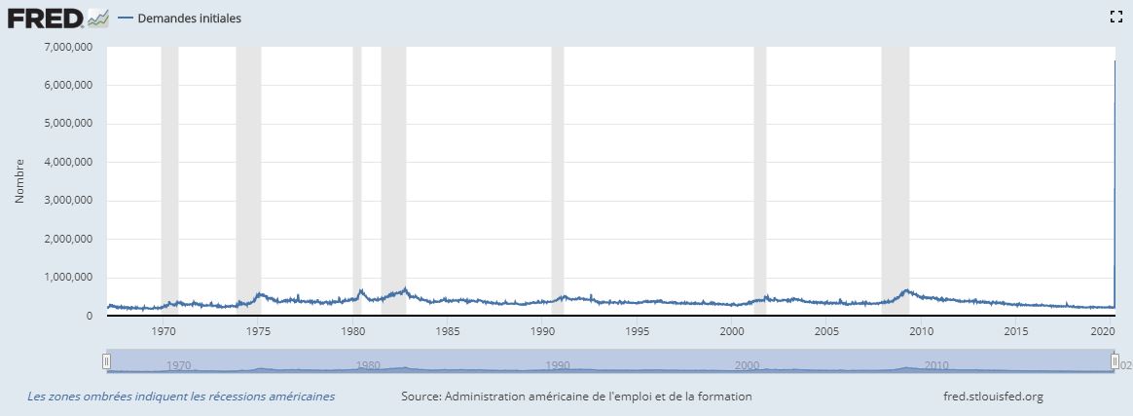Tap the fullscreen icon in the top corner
(1116, 17)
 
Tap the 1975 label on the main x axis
(258, 331)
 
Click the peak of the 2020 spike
(1115, 61)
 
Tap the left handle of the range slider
(107, 361)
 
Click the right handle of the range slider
(1115, 361)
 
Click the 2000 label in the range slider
(747, 366)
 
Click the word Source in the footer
(420, 397)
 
